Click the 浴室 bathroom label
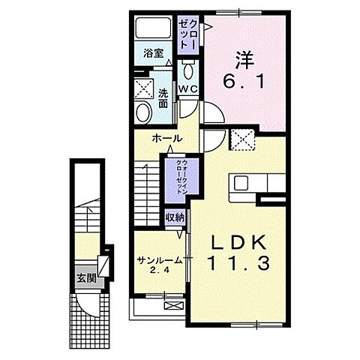tap(154, 53)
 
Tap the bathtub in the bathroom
tap(153, 27)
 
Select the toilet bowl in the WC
tap(188, 70)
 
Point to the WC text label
tap(188, 89)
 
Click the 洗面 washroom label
tap(163, 98)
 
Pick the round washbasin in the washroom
tap(144, 112)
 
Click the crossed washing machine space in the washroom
tap(143, 88)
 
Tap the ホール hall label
tap(166, 138)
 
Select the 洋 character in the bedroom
tap(244, 60)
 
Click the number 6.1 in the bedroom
tap(244, 82)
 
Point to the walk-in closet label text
tap(182, 177)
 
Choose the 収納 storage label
tap(175, 217)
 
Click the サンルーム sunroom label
tap(159, 261)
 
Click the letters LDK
tap(238, 243)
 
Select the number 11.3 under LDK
tap(238, 263)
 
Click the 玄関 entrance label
tap(86, 278)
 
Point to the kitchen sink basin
tap(241, 183)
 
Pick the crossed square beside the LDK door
tap(241, 139)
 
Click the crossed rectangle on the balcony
tap(174, 305)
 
